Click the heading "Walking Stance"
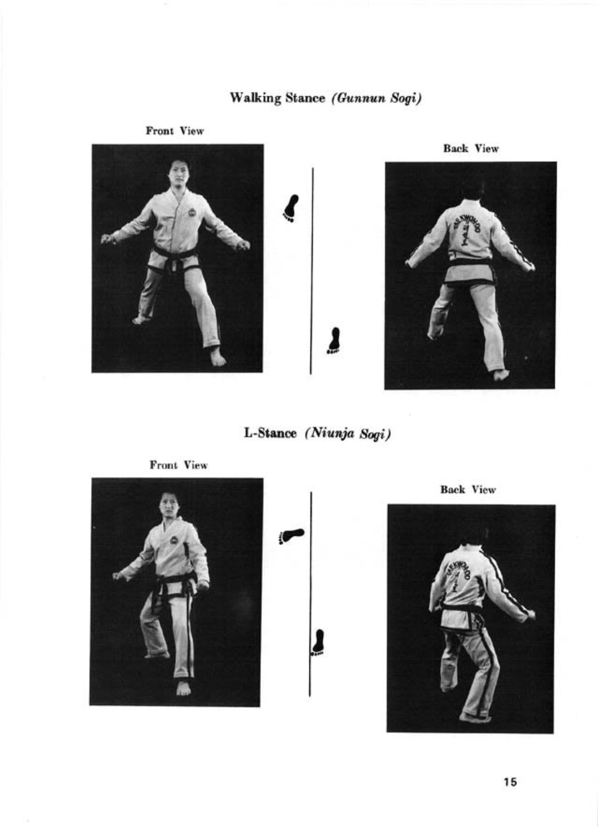pos(277,98)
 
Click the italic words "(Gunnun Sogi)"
pos(377,99)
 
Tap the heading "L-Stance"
pos(270,433)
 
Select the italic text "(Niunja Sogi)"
pos(347,433)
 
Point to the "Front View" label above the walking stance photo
pos(175,131)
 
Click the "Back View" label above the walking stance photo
pos(471,149)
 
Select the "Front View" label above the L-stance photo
pos(179,465)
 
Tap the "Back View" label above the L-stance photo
pos(468,490)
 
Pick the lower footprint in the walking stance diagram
pos(335,340)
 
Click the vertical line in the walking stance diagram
pos(312,271)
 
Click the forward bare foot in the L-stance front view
pos(183,688)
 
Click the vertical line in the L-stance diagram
pos(310,594)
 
